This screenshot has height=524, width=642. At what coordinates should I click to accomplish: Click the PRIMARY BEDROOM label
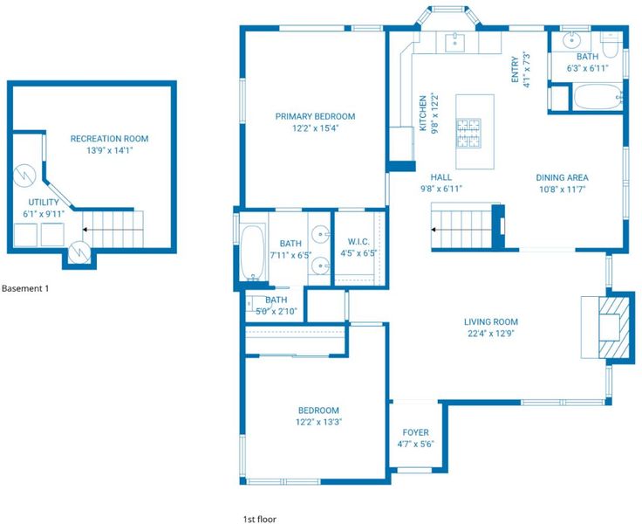tap(315, 116)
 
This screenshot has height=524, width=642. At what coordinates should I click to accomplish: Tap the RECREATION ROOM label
tap(109, 139)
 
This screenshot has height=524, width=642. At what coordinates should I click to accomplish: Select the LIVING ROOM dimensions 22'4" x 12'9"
tap(491, 334)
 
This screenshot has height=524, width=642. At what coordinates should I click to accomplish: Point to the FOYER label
tap(415, 432)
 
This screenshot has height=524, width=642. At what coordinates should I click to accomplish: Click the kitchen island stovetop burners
tap(468, 134)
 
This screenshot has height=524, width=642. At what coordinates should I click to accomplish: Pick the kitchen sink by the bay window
tap(454, 41)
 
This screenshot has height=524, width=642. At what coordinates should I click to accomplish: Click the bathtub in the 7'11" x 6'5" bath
tap(252, 252)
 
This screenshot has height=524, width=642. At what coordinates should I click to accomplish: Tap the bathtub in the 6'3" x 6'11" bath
tap(598, 96)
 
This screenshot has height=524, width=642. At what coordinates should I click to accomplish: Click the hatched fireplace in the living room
tap(614, 327)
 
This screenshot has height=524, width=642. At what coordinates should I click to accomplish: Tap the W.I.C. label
tap(359, 242)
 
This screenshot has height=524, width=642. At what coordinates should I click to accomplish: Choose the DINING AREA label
tap(562, 177)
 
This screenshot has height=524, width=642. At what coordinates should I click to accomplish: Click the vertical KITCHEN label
tap(423, 114)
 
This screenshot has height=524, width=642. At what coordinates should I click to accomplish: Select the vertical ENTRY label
tap(515, 70)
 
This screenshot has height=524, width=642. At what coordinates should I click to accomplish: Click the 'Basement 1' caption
tap(25, 288)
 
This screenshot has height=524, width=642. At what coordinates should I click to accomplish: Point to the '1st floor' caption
tap(260, 519)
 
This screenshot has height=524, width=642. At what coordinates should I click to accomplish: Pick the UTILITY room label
tap(44, 202)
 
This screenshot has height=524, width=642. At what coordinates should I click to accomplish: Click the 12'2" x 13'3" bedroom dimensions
tap(318, 422)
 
